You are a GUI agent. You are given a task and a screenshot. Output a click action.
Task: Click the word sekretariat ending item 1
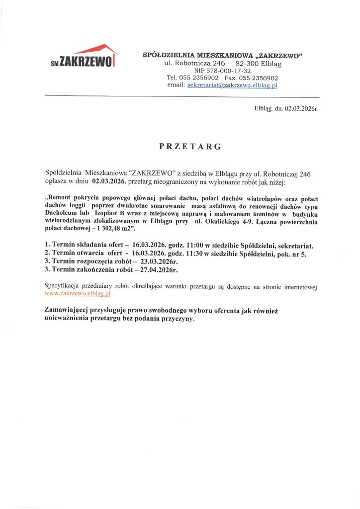tap(296, 246)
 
